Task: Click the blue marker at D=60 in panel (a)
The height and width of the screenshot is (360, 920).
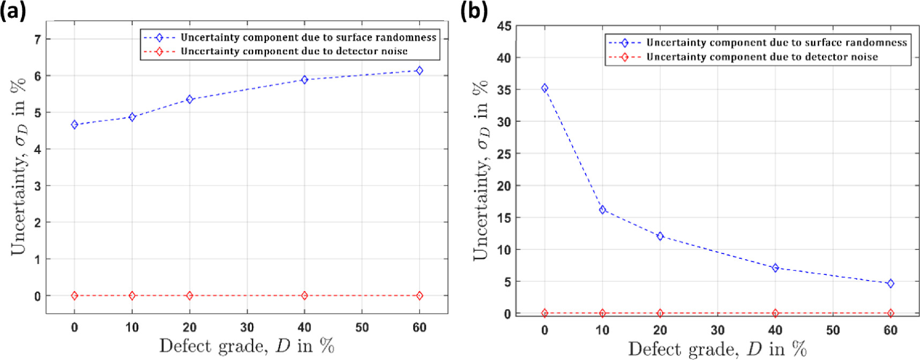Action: coord(420,71)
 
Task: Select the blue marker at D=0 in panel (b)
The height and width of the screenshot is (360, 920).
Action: coord(545,88)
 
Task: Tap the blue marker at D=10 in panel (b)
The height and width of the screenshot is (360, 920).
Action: coord(602,210)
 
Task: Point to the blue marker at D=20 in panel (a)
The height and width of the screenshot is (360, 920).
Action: coord(189,100)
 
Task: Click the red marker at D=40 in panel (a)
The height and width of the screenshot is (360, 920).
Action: coord(304,296)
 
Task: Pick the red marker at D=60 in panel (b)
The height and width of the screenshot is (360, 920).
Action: coord(891,313)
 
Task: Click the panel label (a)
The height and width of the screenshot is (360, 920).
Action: coord(13,11)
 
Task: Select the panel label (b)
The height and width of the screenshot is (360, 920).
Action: coord(474,11)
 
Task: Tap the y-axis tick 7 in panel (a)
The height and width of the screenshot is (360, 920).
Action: coord(38,39)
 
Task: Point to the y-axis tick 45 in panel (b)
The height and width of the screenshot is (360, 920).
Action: coord(504,26)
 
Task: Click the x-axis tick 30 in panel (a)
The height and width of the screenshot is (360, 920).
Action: coord(247,327)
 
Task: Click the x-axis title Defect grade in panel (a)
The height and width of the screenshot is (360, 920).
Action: coord(246,346)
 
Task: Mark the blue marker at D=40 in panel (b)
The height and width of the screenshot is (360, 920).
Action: coord(775,268)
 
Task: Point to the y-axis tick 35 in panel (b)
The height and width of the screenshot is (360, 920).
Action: coord(504,90)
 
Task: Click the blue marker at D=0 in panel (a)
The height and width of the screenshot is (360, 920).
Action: coord(74,125)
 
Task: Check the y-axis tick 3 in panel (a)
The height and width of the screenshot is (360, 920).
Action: coord(38,186)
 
